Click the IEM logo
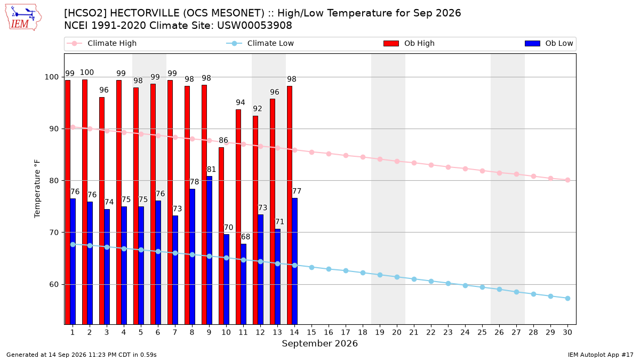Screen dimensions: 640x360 pos(23,18)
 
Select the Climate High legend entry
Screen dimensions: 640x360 pos(101,43)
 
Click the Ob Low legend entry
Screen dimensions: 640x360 pos(549,43)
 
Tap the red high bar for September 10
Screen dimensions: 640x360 pos(221,236)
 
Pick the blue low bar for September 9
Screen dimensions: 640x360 pos(210,250)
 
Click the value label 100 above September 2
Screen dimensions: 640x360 pos(87,73)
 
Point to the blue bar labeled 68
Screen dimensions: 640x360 pos(243,284)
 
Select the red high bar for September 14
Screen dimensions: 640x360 pos(290,205)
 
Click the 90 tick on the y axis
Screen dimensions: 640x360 pos(54,129)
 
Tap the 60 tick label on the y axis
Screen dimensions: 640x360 pos(54,285)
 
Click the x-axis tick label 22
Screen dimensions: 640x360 pos(431,332)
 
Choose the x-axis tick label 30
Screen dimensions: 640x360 pos(567,332)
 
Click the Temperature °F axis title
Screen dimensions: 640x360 pos(37,189)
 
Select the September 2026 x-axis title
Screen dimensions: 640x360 pos(319,343)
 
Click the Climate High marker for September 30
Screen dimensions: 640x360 pos(567,180)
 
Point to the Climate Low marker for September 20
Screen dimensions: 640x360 pos(397,277)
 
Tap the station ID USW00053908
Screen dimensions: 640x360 pos(254,26)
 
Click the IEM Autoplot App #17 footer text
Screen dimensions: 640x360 pos(601,355)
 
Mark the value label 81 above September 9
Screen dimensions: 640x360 pos(211,170)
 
